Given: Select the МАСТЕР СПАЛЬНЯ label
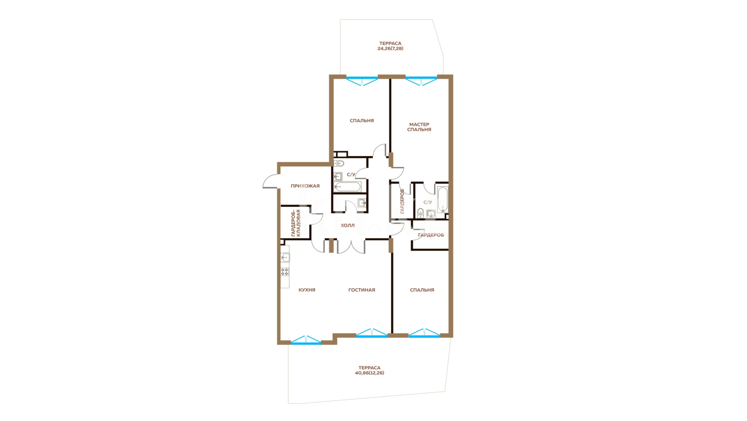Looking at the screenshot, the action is click(419, 127).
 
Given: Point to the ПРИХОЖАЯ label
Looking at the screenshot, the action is click(305, 186).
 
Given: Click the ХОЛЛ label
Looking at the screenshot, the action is click(348, 225).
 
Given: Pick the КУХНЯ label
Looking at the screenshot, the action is click(307, 290).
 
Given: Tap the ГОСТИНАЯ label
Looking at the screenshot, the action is click(362, 290).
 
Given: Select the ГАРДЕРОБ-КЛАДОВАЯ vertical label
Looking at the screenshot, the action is click(296, 223).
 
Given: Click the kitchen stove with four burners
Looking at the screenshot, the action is click(285, 272).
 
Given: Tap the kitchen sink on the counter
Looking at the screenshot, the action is click(285, 257).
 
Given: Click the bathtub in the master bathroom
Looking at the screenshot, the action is click(443, 200).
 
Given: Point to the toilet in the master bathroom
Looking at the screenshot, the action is click(420, 213).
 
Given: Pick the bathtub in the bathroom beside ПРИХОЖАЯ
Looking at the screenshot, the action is click(347, 187).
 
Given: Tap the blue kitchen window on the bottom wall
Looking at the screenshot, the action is click(306, 340).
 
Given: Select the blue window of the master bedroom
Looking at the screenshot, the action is click(421, 80).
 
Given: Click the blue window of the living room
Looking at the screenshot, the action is click(372, 333).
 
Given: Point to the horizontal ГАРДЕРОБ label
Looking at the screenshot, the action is click(431, 235).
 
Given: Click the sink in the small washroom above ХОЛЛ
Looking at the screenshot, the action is click(362, 203).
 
